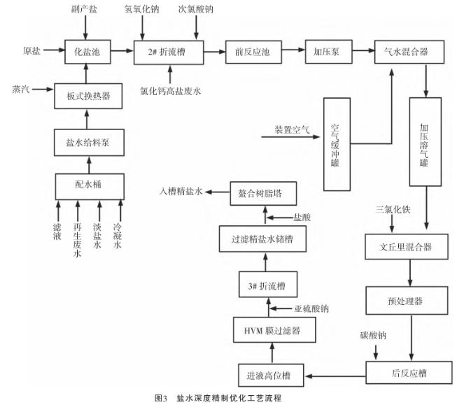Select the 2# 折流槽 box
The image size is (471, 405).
tap(169, 51)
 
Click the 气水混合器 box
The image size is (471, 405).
tap(406, 51)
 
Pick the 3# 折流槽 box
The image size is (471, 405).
tap(266, 286)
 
